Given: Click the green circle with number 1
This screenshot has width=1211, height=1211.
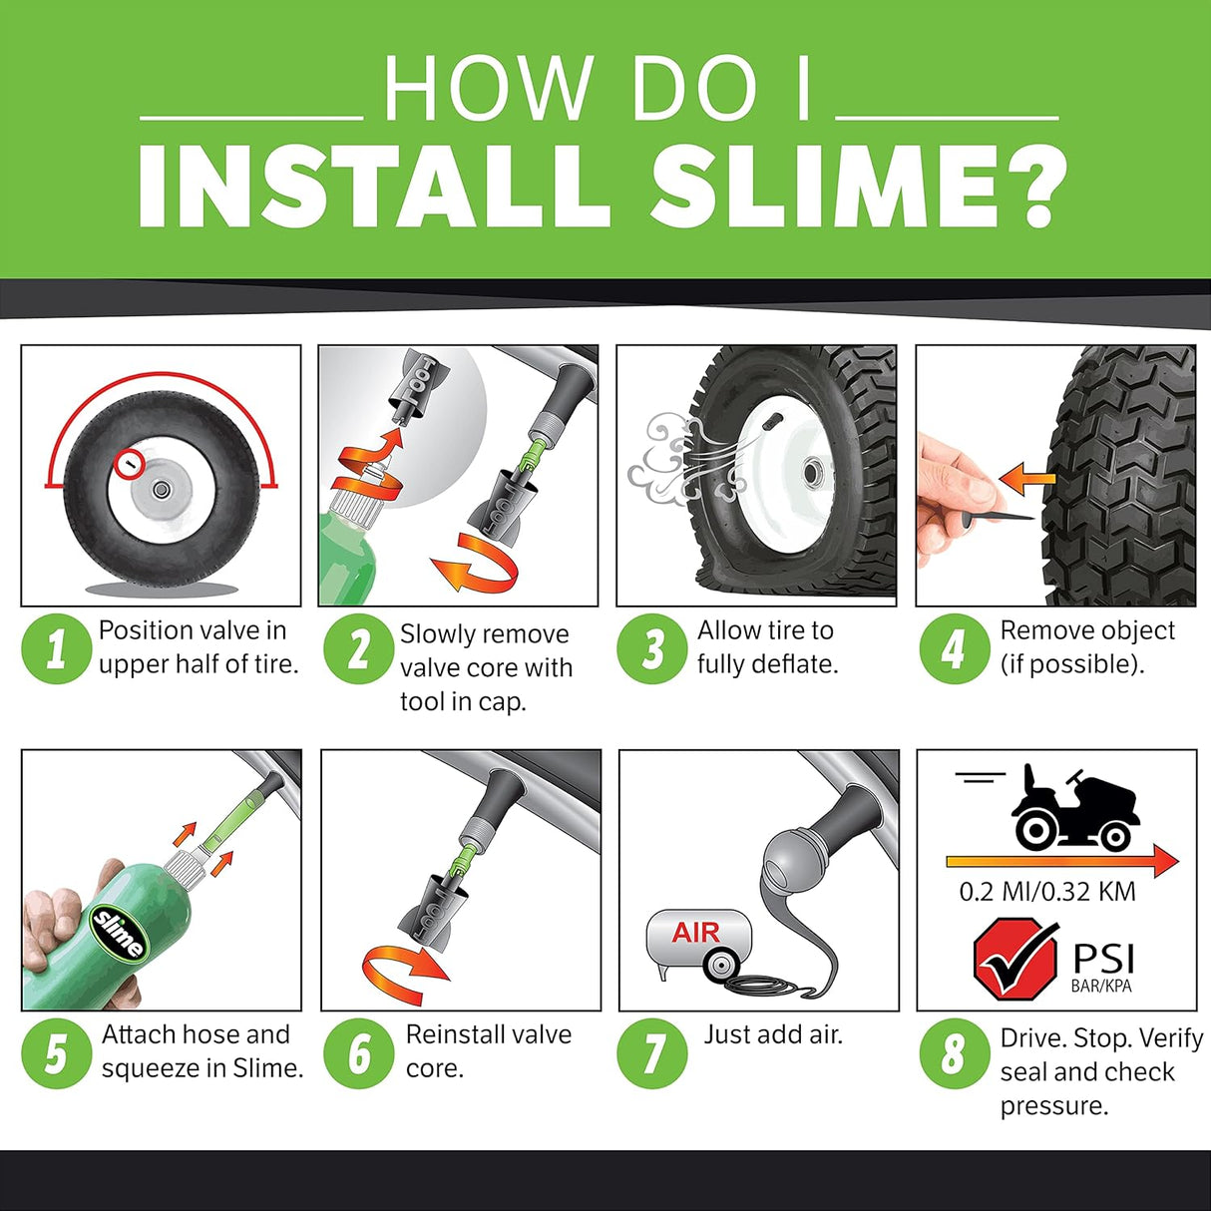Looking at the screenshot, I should click(x=56, y=648).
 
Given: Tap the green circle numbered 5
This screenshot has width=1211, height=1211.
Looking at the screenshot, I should click(x=56, y=1053).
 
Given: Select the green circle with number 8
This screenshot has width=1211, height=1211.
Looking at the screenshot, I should click(x=953, y=1053).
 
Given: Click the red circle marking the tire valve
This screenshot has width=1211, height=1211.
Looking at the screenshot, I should click(x=130, y=463).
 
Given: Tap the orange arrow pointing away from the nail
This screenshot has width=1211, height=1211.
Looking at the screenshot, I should click(x=1026, y=480).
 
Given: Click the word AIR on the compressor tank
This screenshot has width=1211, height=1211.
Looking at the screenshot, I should click(x=696, y=933).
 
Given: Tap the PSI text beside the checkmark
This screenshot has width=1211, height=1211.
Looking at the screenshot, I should click(x=1103, y=959).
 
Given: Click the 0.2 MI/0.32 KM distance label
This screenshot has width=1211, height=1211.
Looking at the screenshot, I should click(x=1047, y=892).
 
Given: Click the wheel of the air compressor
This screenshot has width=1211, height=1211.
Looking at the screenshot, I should click(x=719, y=965).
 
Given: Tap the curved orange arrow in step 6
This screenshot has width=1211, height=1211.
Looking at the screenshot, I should click(x=404, y=966).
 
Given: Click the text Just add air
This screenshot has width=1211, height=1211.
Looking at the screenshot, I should click(x=773, y=1034).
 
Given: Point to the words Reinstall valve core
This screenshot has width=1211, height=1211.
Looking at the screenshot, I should click(x=488, y=1050).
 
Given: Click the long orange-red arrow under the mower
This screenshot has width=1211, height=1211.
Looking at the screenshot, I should click(x=1061, y=859).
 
